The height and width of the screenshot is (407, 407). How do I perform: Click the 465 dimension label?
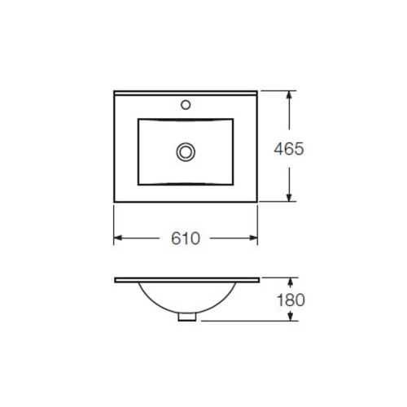click(x=289, y=149)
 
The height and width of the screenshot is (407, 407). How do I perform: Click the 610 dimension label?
click(x=186, y=239)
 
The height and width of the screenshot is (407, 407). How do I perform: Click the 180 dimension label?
click(x=291, y=300)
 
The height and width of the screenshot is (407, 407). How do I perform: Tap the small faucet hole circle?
click(x=186, y=105)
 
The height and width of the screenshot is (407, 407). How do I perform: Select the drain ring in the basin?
click(x=186, y=151)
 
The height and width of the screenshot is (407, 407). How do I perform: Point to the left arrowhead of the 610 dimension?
click(x=118, y=239)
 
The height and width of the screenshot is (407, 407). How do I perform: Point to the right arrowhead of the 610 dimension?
click(x=253, y=239)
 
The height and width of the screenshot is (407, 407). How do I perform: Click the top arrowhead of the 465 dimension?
click(x=289, y=95)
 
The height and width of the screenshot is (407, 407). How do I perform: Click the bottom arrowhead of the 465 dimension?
click(x=289, y=197)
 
